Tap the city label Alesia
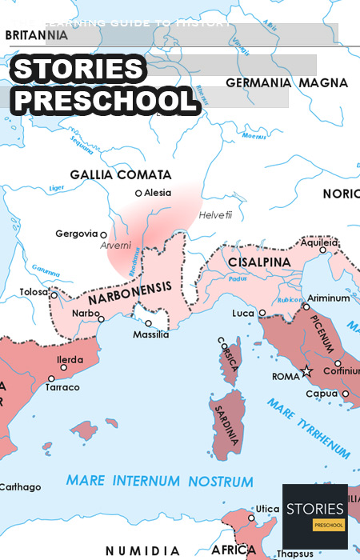pos(159,193)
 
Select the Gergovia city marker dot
pos(103,235)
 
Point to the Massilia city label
pos(150,334)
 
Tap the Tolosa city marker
pos(54,294)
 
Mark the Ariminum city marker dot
pos(306,306)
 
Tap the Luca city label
pos(243,313)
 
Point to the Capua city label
pos(324,394)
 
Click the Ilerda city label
pos(70,359)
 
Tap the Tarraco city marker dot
pos(51,378)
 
